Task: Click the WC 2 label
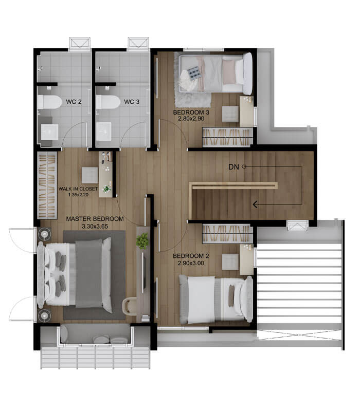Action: pos(74,102)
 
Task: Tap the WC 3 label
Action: pos(132,101)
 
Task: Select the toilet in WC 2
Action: pos(49,102)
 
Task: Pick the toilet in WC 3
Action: pos(108,102)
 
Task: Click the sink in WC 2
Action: pos(49,132)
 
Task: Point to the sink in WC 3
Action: pos(104,132)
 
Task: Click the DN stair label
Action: pos(233,167)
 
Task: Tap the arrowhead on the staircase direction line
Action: pos(255,204)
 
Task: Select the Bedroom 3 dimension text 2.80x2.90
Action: pos(191,119)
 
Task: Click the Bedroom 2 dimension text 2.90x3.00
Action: pos(191,263)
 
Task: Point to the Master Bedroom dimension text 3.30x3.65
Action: pos(95,226)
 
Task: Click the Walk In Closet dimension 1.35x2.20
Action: pos(78,195)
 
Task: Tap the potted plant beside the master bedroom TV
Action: pos(142,241)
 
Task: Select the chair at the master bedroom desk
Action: pos(130,306)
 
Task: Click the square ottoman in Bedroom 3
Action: pos(230,114)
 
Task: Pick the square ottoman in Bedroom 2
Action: pos(230,262)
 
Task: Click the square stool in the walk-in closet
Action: pos(89,175)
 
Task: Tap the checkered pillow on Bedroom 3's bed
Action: pos(194,73)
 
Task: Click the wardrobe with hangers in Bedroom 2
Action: pos(227,233)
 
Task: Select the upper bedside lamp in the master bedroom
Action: pos(44,234)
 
